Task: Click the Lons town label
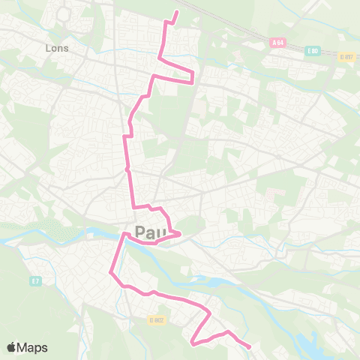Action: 56,48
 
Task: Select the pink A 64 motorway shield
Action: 277,43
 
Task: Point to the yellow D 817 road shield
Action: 346,56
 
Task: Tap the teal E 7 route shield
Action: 34,281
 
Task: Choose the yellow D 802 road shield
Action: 156,320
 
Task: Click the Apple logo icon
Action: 12,347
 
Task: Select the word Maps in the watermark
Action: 33,347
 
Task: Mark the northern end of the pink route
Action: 177,12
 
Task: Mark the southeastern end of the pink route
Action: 249,346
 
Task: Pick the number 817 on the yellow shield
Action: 348,56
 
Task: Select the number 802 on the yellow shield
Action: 158,320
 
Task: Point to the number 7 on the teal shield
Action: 37,281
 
